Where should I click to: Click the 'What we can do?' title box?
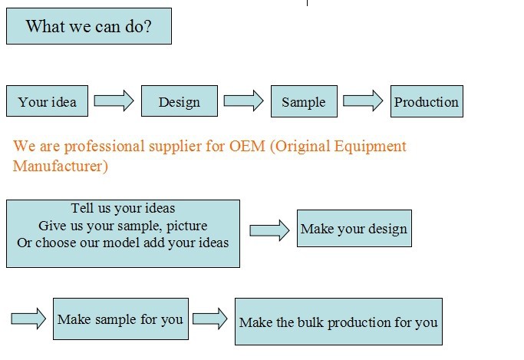point(89,26)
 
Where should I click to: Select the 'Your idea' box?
point(47,101)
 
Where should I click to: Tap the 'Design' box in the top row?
point(180,101)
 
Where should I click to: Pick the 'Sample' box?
point(304,101)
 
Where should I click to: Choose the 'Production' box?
point(427,101)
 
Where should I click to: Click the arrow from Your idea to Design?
point(114,101)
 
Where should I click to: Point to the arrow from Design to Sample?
point(244,101)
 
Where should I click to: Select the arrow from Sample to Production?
point(363,101)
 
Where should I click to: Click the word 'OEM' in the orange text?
point(247,146)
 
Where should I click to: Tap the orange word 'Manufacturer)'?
point(61,166)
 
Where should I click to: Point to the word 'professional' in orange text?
point(104,147)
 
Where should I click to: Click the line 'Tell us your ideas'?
point(123,208)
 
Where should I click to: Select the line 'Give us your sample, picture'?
point(123,226)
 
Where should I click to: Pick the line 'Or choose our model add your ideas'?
point(123,243)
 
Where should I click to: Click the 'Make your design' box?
point(354,228)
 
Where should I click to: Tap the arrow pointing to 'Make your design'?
point(269,230)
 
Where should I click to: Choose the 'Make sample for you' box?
point(120,319)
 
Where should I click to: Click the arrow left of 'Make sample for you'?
point(28,319)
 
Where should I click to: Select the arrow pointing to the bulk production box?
point(210,319)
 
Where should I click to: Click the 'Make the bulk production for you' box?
point(338,322)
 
